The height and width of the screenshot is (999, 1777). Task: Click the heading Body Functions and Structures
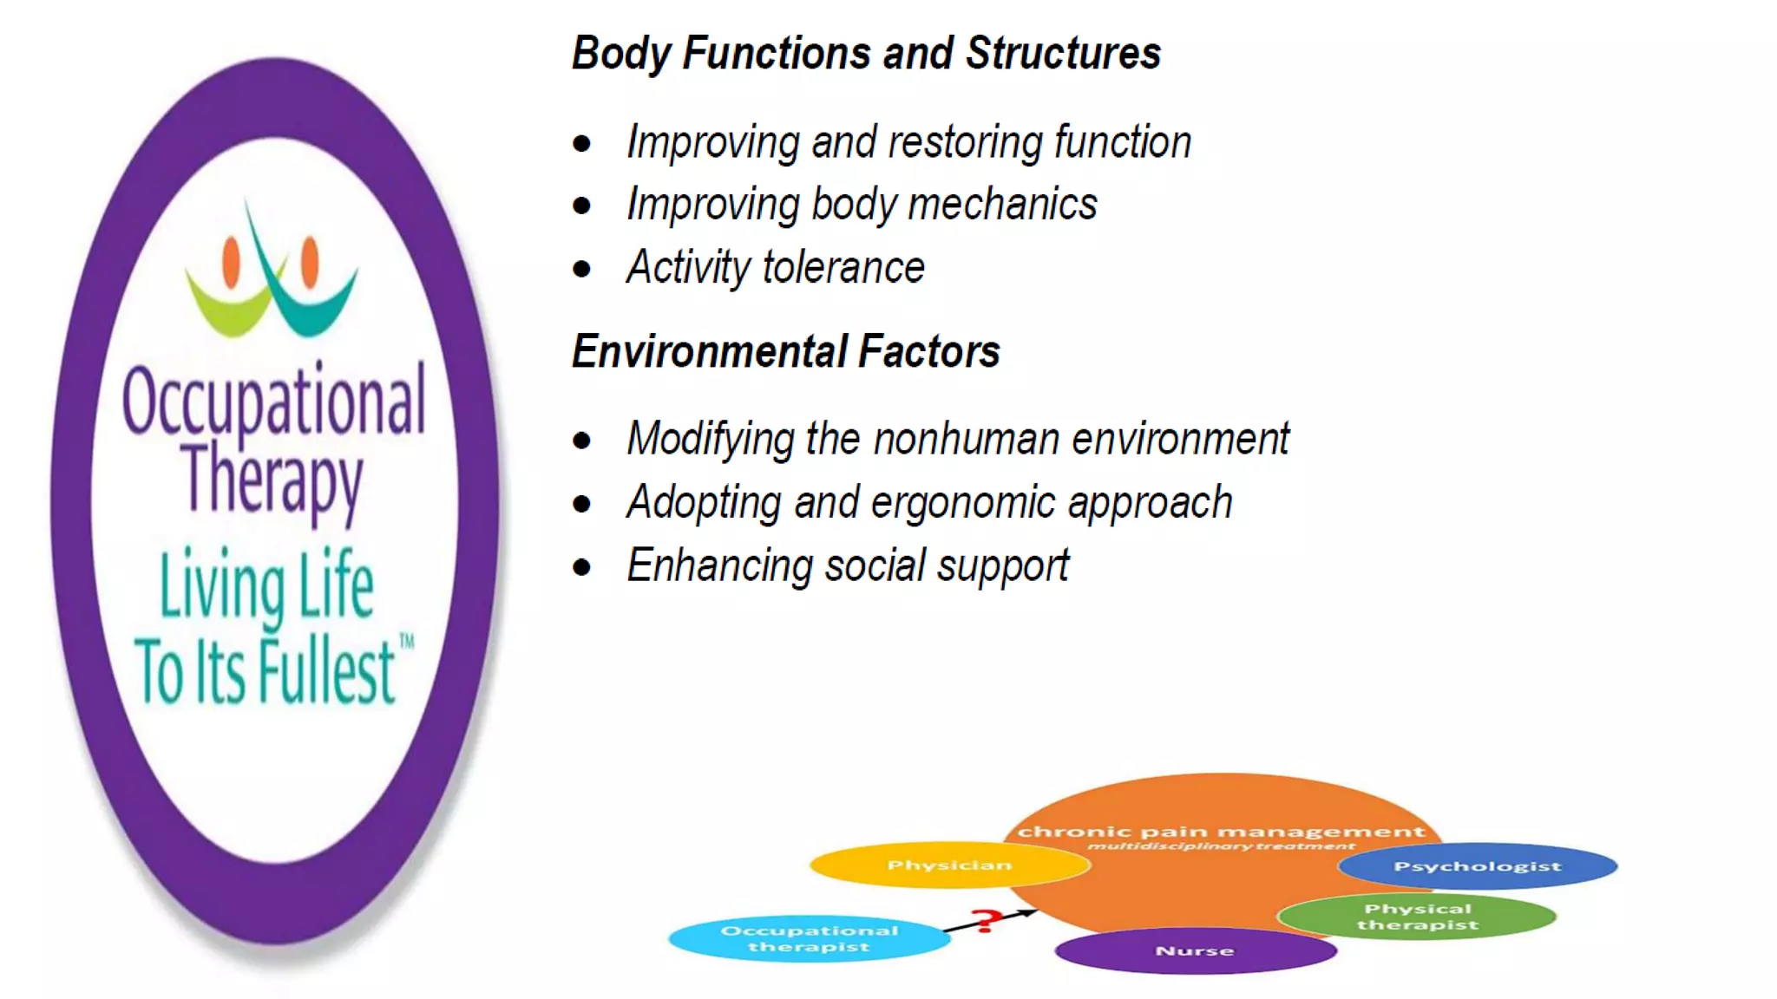pos(866,54)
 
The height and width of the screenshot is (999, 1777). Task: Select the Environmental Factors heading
pos(785,352)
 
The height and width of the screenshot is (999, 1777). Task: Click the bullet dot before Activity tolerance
pos(581,269)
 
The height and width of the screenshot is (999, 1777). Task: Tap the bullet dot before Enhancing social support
pos(581,568)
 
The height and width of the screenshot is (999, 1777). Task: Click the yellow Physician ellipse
pos(949,865)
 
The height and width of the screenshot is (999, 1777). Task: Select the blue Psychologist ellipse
pos(1478,866)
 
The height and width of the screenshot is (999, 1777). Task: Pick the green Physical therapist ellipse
pos(1417,917)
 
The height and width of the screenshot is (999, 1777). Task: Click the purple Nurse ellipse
pos(1195,951)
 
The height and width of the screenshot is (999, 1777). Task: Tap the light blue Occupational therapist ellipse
pos(809,939)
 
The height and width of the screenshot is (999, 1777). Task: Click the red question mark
pos(984,920)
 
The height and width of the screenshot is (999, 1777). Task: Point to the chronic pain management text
pos(1221,832)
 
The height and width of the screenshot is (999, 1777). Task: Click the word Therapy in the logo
pos(272,481)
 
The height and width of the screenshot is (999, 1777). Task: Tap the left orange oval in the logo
pos(231,261)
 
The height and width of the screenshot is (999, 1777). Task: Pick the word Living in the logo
pos(222,588)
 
